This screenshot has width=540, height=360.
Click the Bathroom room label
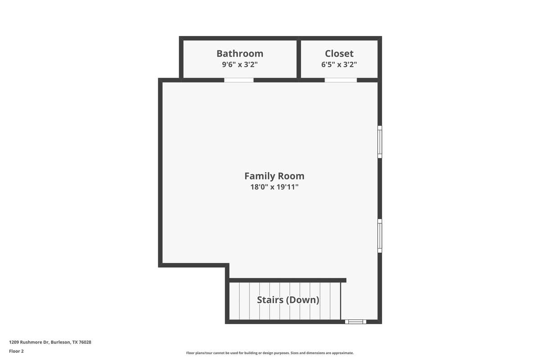coord(239,54)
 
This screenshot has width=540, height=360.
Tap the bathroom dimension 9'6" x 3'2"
coord(239,64)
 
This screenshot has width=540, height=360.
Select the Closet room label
coord(339,54)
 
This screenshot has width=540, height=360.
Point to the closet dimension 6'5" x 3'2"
coord(339,64)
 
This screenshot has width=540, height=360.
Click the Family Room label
coord(274,176)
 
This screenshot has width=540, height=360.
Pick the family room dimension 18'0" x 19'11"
coord(274,187)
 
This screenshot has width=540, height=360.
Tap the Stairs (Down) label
coord(288,300)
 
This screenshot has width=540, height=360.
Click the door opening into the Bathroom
coord(239,80)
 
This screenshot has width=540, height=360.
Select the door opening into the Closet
coord(341,80)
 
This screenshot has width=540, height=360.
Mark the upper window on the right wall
coord(380,142)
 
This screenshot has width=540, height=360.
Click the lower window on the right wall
coord(380,236)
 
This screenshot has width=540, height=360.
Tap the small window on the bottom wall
coord(355,322)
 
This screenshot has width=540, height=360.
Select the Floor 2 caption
coord(16,351)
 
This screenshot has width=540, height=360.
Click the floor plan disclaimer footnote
coord(270,353)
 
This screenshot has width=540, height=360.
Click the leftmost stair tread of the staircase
coord(234,301)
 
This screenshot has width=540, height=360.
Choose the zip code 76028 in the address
coord(85,342)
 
